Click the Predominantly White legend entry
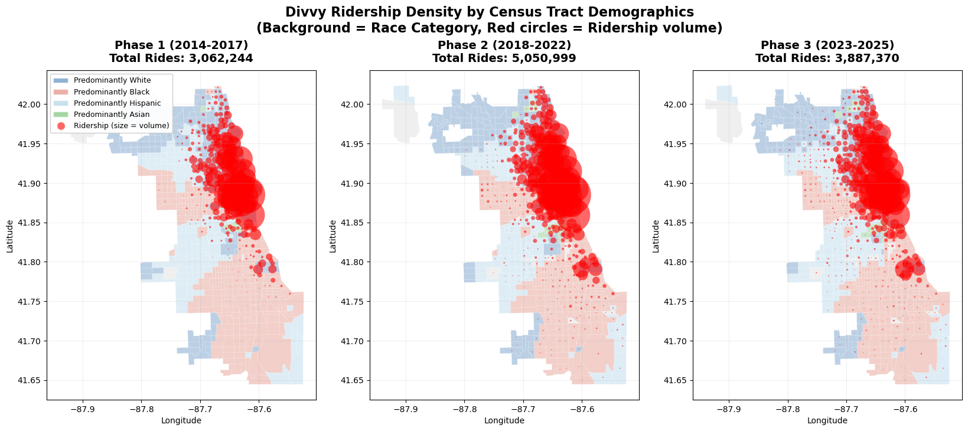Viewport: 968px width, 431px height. click(112, 80)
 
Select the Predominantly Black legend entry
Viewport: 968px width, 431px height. click(112, 92)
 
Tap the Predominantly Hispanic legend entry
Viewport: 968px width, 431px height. click(117, 103)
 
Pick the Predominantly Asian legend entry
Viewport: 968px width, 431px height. click(112, 115)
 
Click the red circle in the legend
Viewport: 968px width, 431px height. click(61, 126)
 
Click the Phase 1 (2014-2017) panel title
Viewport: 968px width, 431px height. click(181, 45)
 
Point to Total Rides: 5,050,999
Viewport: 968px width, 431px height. click(504, 58)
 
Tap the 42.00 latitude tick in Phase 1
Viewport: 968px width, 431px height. click(32, 105)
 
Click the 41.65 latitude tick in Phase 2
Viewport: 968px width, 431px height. click(355, 380)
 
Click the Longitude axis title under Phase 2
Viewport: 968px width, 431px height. click(504, 420)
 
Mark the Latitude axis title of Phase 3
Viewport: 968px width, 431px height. click(656, 236)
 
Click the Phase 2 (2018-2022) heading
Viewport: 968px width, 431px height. click(504, 45)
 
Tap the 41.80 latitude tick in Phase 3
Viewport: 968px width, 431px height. click(678, 262)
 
